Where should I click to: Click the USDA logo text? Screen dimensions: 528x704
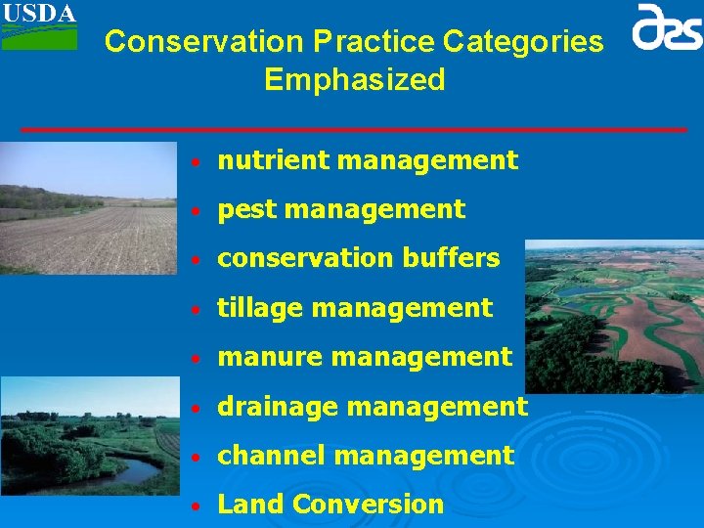[x=38, y=13]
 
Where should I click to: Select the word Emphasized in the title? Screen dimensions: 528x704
[x=354, y=79]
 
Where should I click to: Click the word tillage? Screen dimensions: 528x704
[x=258, y=308]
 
